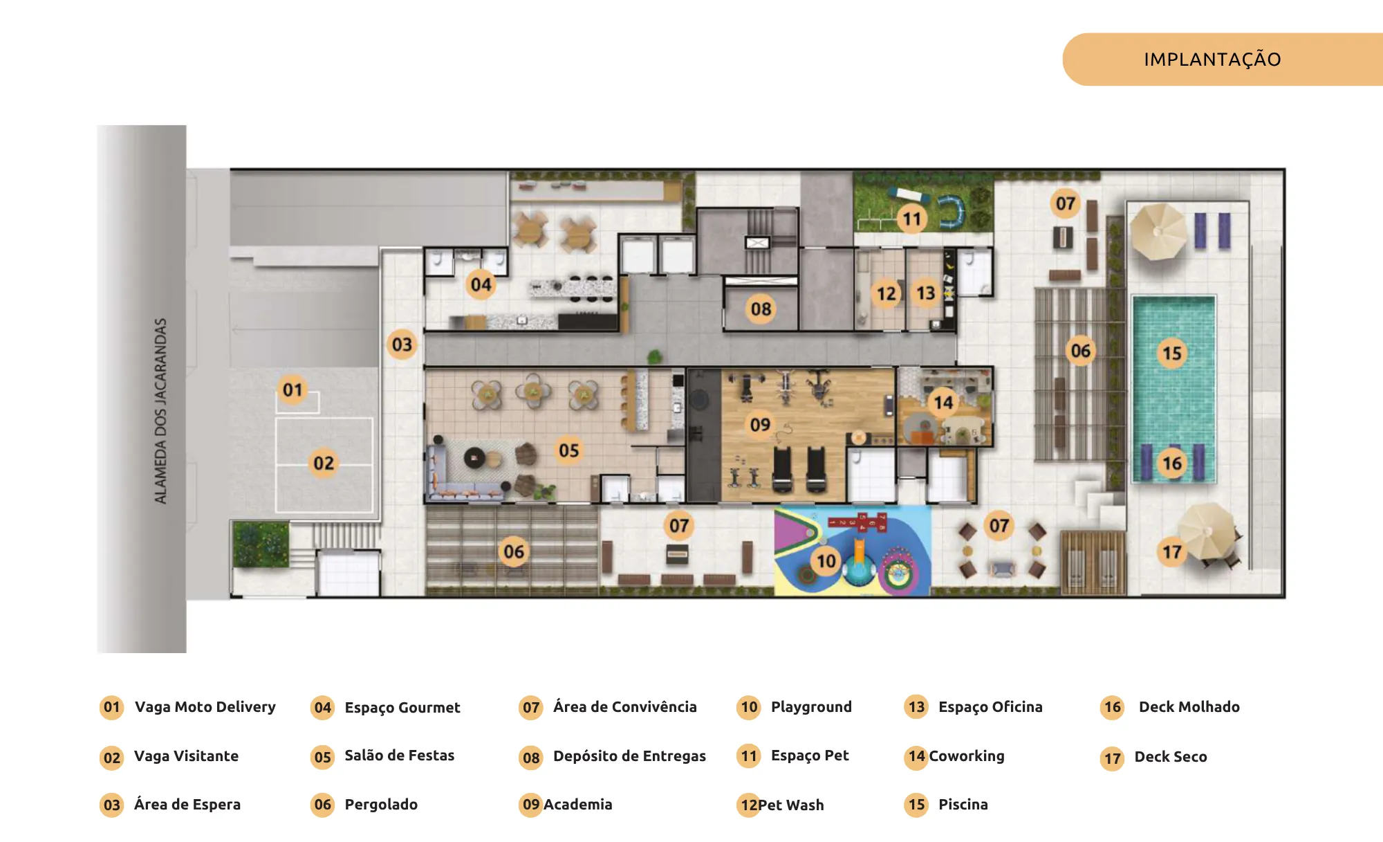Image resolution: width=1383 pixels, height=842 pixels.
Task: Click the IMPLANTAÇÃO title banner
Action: (1222, 60)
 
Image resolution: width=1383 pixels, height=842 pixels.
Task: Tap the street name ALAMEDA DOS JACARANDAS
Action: (160, 411)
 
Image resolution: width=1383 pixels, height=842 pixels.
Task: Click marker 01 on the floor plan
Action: (293, 390)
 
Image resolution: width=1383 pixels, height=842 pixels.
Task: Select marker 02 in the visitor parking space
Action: (324, 463)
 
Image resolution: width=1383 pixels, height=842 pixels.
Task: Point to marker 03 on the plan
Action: (402, 345)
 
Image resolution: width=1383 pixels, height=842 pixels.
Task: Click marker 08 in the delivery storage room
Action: (761, 309)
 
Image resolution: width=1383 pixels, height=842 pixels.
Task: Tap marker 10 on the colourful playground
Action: (826, 560)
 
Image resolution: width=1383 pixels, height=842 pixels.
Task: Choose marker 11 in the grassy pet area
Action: (912, 219)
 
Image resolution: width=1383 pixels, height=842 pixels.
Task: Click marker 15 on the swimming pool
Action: (1171, 354)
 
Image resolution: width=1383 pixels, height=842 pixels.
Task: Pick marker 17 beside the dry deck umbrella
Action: (1171, 551)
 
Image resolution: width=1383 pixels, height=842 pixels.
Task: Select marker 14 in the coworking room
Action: (943, 402)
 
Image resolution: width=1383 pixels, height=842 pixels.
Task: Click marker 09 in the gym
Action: (760, 424)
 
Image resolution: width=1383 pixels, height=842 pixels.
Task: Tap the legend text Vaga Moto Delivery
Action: (205, 707)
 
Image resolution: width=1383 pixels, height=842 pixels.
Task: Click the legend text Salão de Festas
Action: (400, 756)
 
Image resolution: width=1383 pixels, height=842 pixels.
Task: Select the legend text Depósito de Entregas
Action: (629, 756)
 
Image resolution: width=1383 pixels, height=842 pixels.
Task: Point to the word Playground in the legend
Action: (811, 707)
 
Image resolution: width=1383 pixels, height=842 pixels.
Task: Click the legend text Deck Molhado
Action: (1189, 707)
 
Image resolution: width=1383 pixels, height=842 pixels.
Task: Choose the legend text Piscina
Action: (963, 805)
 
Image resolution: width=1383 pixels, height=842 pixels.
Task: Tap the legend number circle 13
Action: (916, 707)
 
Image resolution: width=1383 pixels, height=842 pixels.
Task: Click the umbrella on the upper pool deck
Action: (1158, 231)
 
